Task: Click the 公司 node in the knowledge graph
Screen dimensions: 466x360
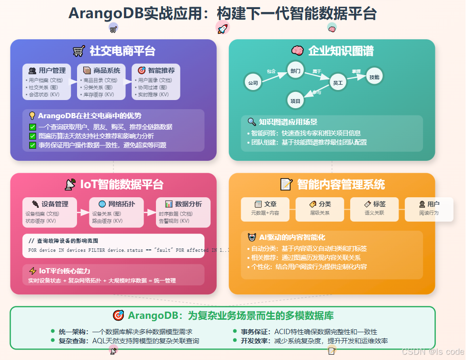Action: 253,83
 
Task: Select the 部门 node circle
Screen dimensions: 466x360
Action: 295,71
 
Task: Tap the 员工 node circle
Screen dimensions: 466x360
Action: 338,83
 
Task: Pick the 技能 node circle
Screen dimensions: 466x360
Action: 374,77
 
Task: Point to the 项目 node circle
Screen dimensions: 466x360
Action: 295,101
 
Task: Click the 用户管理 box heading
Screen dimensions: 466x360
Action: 47,70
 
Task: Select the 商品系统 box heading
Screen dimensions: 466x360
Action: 101,70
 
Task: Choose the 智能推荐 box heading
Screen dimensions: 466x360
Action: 156,70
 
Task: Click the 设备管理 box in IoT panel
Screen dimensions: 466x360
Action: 50,204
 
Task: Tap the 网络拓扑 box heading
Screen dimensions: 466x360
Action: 117,204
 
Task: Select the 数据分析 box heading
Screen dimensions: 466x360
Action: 183,204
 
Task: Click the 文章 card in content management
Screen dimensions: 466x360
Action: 265,204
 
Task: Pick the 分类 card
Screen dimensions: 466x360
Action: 320,204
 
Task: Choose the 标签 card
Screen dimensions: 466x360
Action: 375,204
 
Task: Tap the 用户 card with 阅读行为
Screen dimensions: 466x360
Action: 429,204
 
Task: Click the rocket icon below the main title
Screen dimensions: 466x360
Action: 222,29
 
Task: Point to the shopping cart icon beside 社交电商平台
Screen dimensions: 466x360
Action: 79,51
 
